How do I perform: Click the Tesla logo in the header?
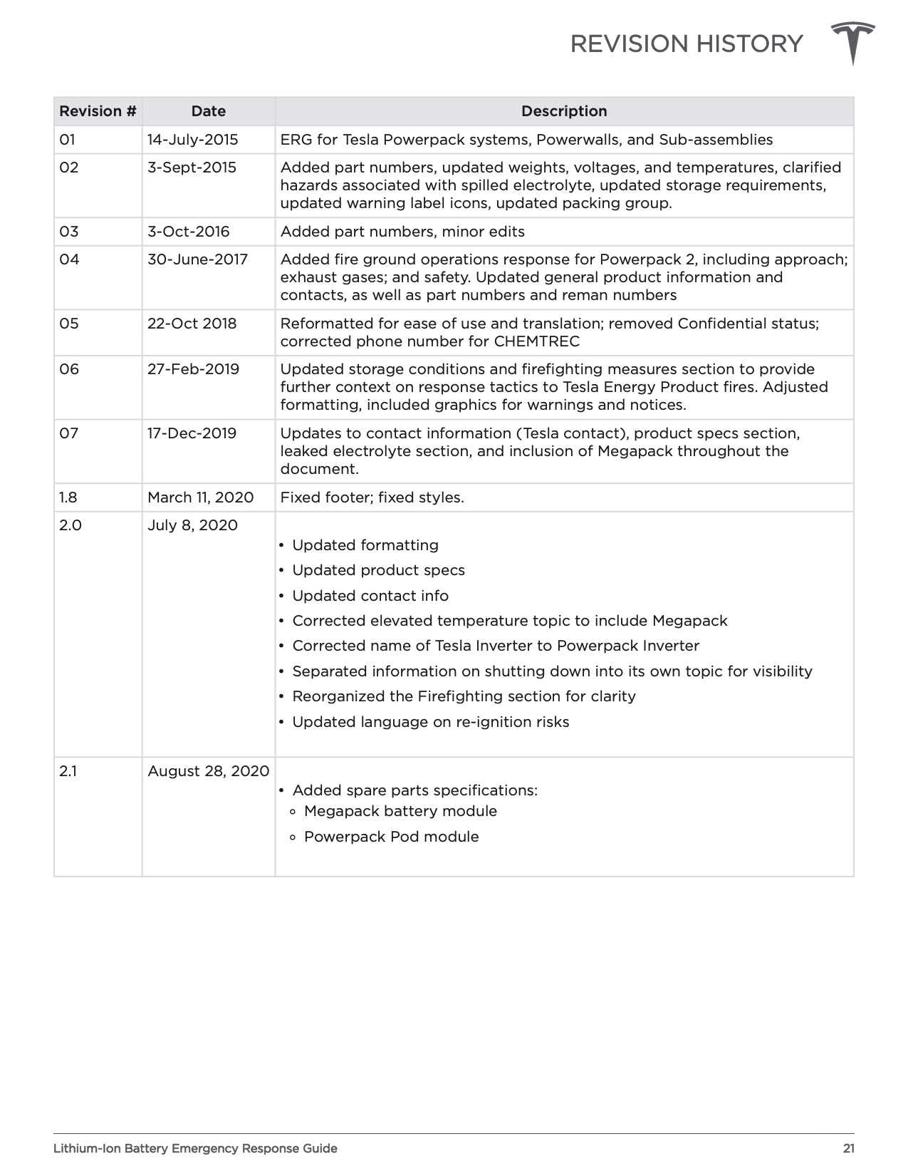coord(852,43)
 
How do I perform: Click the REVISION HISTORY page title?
coord(686,44)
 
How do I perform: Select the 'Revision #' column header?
coord(98,111)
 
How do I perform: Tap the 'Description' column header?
coord(564,111)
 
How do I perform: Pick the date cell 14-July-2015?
coord(192,140)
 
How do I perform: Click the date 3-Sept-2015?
coord(192,167)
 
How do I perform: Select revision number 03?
coord(69,232)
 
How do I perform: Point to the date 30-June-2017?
coord(197,259)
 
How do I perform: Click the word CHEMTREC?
coord(536,341)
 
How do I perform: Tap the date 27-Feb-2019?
coord(193,369)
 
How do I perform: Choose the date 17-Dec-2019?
coord(192,433)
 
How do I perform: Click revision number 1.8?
coord(68,497)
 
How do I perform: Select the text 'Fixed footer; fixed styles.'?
coord(372,497)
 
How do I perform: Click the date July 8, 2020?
coord(192,525)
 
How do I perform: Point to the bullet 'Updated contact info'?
coord(370,596)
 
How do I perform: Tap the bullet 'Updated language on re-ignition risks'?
coord(430,722)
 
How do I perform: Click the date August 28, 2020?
coord(208,771)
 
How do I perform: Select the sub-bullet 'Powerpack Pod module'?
coord(391,837)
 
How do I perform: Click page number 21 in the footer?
coord(848,1148)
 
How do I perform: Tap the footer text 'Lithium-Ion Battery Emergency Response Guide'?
coord(195,1148)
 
